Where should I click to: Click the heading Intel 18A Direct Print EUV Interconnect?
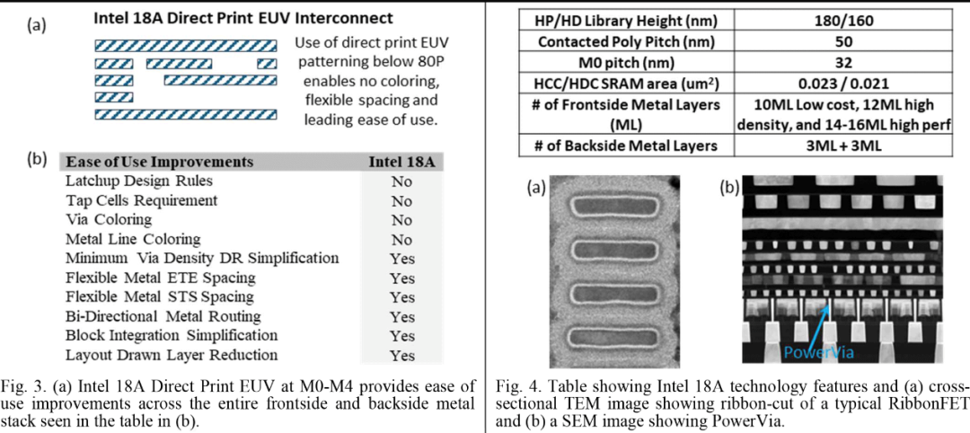243,19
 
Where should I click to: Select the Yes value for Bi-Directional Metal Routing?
402,317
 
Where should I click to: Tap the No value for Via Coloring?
401,220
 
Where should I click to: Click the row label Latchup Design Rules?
139,181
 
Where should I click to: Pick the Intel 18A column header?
402,162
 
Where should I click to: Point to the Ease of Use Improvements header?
160,162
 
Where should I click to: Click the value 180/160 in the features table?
843,22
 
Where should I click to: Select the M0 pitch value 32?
843,63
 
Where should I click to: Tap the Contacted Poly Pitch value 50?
843,42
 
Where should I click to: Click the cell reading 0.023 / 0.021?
843,84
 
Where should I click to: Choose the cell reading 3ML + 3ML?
843,146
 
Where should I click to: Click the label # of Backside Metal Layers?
627,146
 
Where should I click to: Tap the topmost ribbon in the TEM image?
613,206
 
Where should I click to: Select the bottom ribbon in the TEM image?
613,337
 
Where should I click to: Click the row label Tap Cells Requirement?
142,201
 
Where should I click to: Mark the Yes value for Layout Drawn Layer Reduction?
402,356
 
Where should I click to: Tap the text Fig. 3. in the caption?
18,387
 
